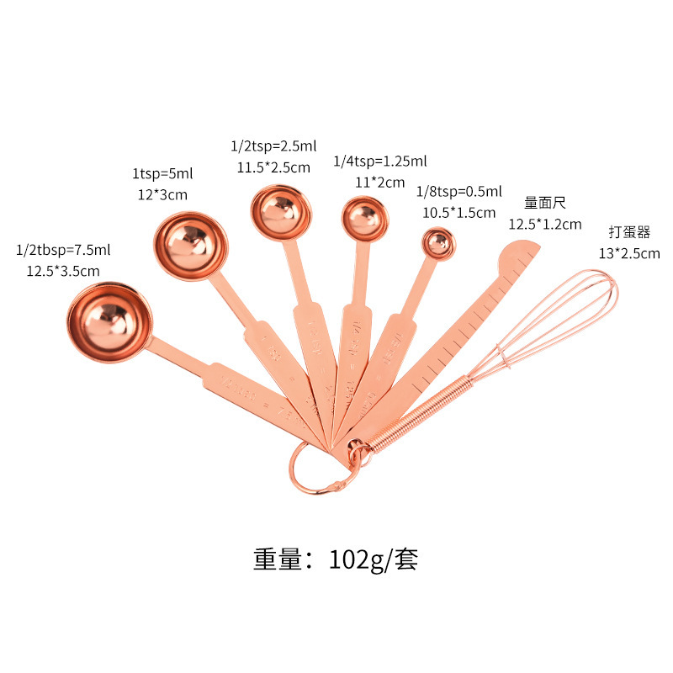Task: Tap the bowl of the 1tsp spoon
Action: [x=191, y=245]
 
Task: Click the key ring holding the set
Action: [x=315, y=466]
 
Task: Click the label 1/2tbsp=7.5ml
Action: [x=63, y=250]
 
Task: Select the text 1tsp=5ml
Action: [x=162, y=174]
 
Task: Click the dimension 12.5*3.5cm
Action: [x=63, y=270]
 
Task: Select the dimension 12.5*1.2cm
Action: [x=544, y=224]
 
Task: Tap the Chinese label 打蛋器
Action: [x=630, y=231]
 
